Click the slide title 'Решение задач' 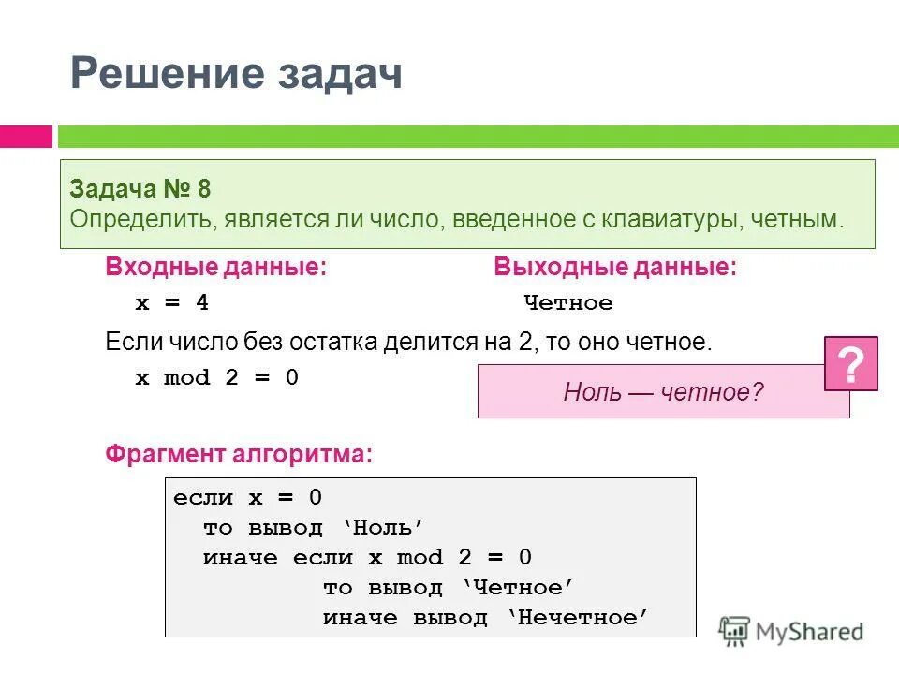[236, 74]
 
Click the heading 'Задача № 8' [140, 189]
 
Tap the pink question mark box [850, 363]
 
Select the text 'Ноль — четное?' [663, 391]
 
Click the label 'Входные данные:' [216, 268]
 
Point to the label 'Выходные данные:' [615, 268]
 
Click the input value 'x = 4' [172, 303]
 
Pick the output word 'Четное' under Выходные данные [568, 303]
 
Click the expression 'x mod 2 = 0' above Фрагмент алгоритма [217, 378]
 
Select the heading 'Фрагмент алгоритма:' [239, 455]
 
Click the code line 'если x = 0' [247, 498]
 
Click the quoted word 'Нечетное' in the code [579, 618]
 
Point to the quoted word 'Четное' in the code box [518, 588]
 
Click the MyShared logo [791, 632]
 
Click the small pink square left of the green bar [25, 137]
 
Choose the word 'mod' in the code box [420, 558]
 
